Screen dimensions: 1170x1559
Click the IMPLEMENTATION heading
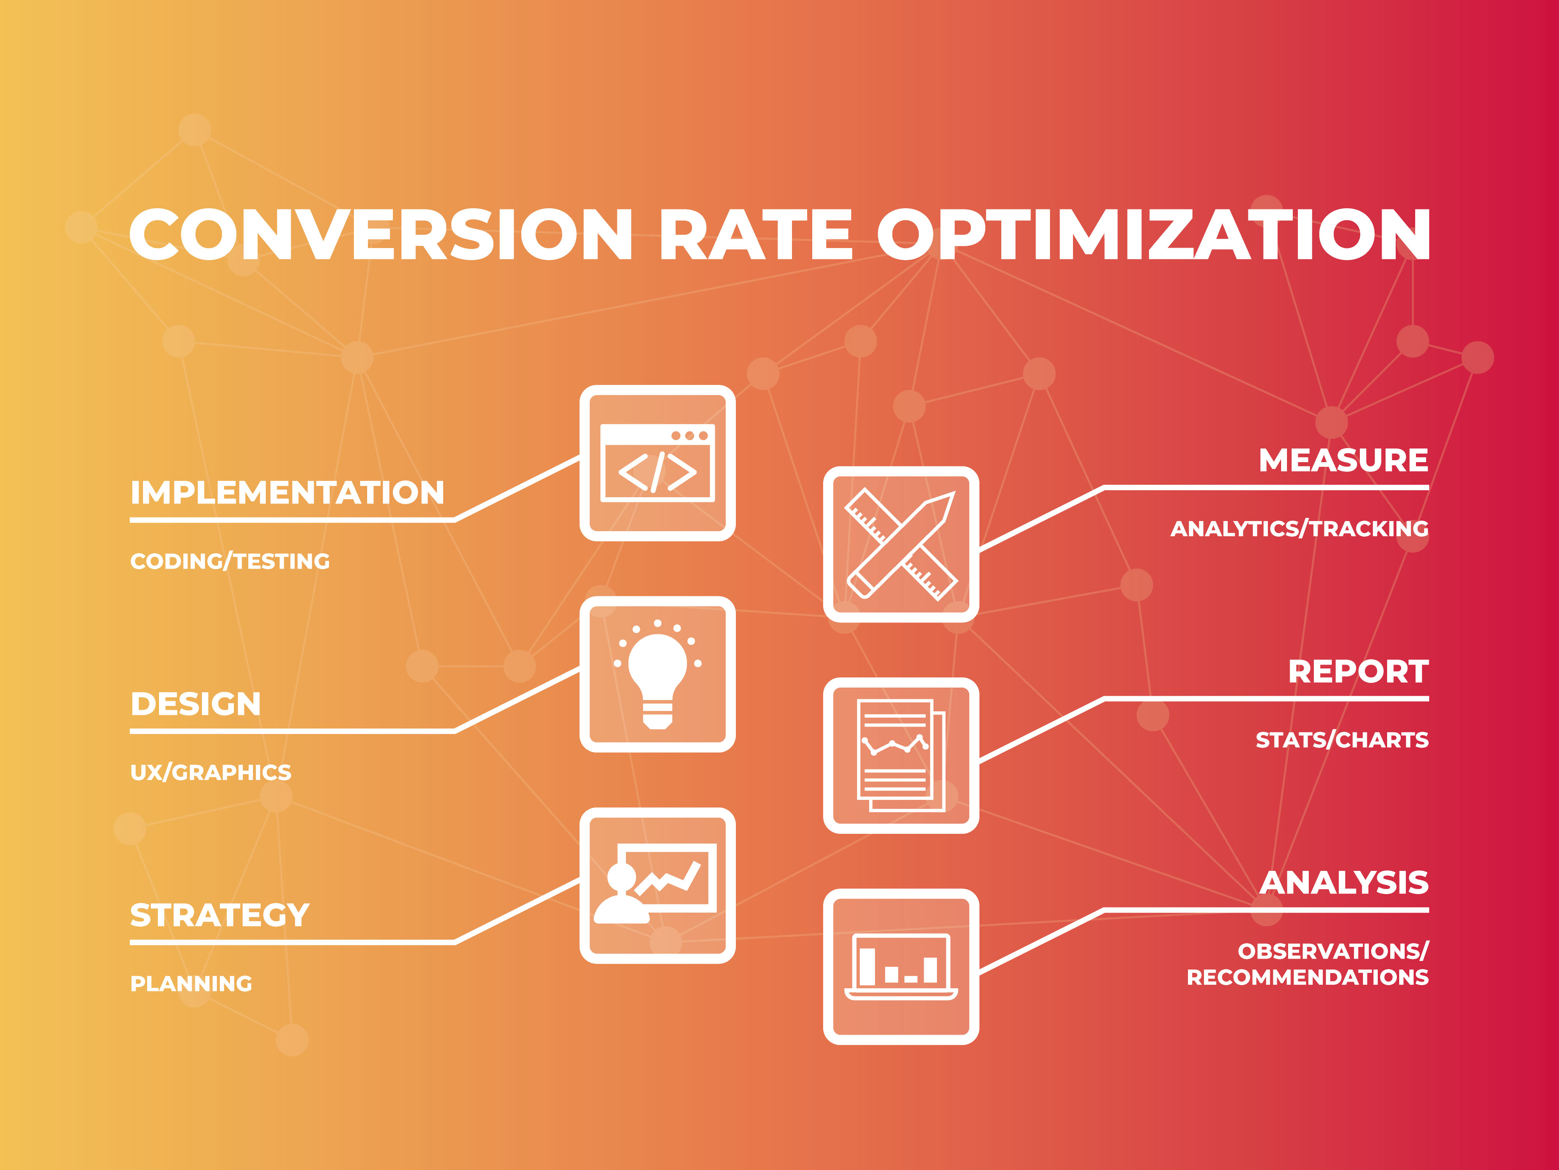pyautogui.click(x=287, y=492)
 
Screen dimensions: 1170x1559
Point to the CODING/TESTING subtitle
pyautogui.click(x=230, y=561)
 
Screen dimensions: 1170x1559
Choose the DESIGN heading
pyautogui.click(x=195, y=704)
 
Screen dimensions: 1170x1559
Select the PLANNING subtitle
pyautogui.click(x=191, y=983)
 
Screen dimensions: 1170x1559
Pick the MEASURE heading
pyautogui.click(x=1343, y=461)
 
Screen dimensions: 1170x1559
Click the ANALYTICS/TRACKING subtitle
pyautogui.click(x=1299, y=529)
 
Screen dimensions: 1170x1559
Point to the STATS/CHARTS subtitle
pyautogui.click(x=1342, y=740)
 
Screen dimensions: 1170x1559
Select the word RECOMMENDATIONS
pyautogui.click(x=1307, y=977)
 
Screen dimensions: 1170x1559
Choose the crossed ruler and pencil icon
pyautogui.click(x=901, y=544)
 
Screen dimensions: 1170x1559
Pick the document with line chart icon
pyautogui.click(x=901, y=755)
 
